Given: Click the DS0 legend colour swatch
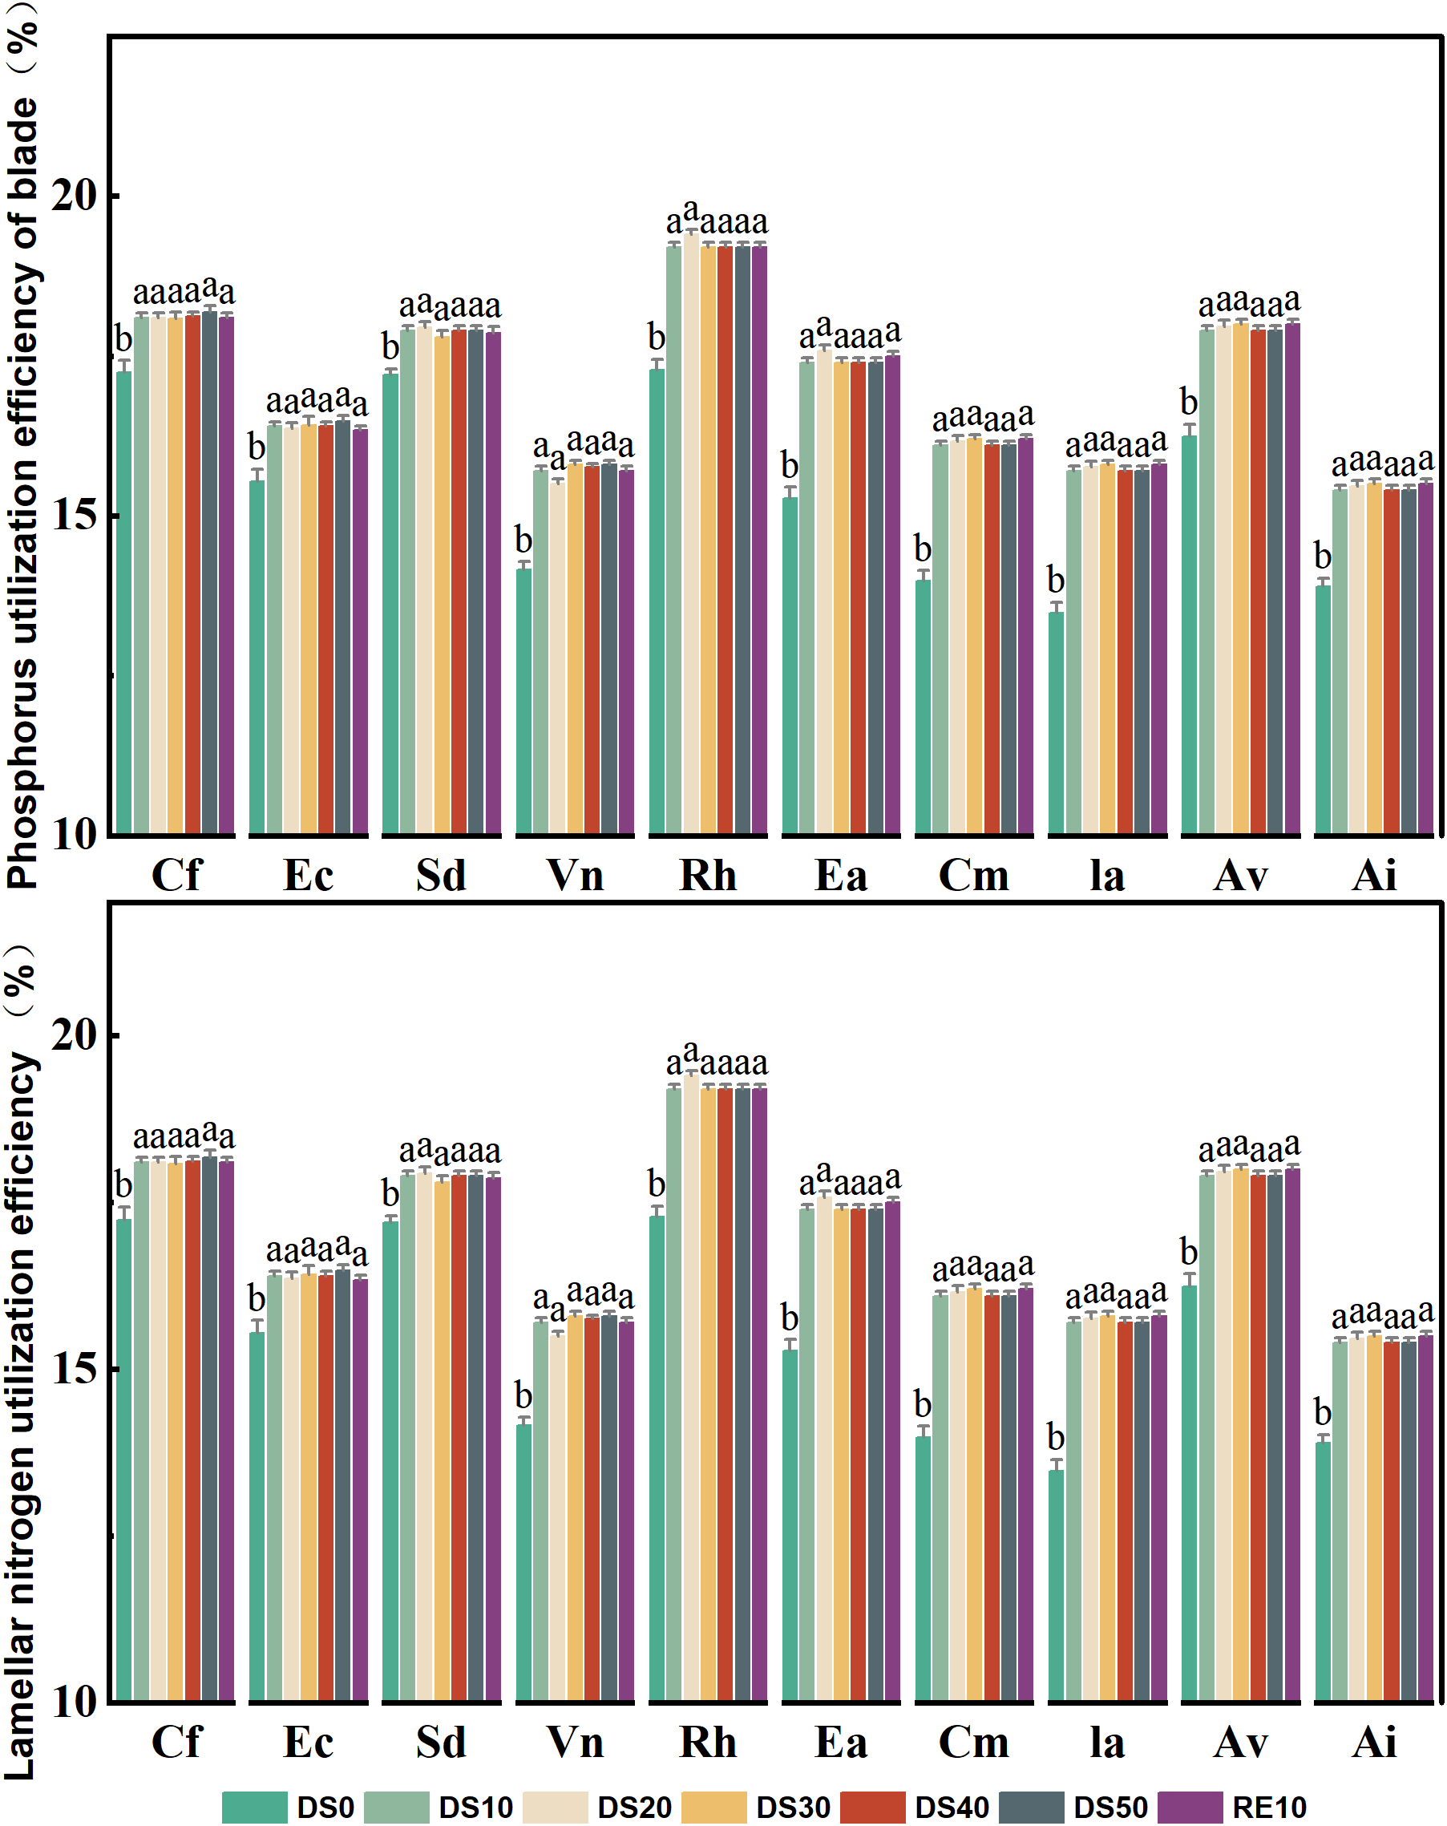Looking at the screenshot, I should coord(254,1807).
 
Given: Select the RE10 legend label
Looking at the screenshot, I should coord(1268,1808).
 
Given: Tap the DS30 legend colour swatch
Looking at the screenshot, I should coord(713,1807).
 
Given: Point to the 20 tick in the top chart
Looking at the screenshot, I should coord(75,196).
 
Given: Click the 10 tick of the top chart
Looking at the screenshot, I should coord(75,833).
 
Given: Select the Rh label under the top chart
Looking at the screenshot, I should coord(708,876).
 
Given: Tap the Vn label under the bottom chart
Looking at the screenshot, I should coord(575,1742).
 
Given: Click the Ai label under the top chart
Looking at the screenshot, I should coord(1373,876).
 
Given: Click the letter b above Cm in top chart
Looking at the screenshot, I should coord(922,549).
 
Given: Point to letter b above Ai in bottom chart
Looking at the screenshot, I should coord(1322,1412).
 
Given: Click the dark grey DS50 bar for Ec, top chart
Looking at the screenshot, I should coord(342,627).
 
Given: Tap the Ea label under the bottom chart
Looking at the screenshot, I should coord(841,1742).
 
